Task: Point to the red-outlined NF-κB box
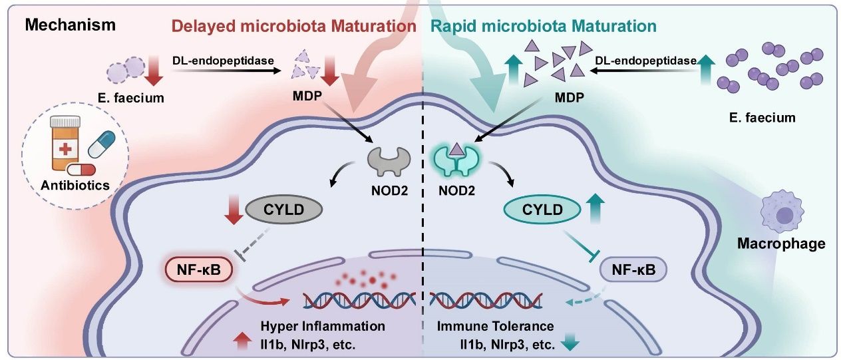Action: click(x=199, y=271)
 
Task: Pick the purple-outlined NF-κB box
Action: click(x=633, y=271)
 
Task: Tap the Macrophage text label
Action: click(x=781, y=244)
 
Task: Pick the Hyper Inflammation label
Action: click(x=323, y=326)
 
